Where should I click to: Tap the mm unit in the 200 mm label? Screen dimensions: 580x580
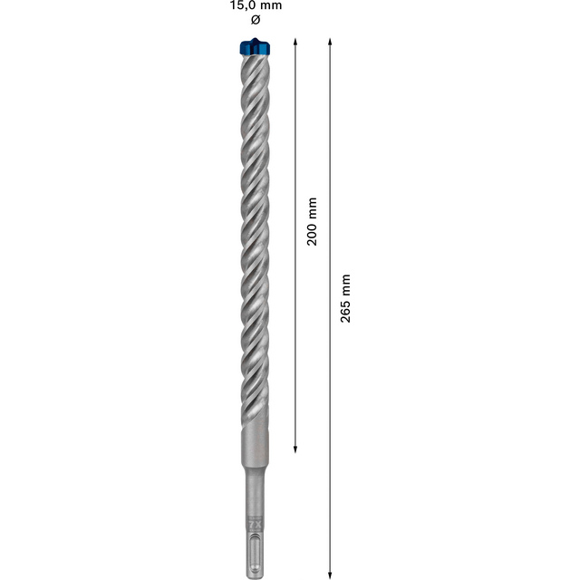coord(313,208)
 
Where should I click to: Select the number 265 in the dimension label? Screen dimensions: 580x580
coord(345,311)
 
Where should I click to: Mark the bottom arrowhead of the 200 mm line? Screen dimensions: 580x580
coord(296,447)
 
